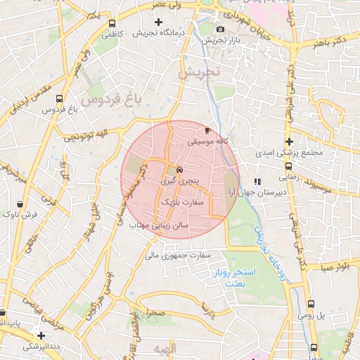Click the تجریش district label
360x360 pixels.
[199, 72]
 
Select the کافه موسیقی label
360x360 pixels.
[209, 141]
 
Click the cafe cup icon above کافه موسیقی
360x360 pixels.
[207, 130]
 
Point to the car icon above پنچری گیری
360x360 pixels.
[180, 169]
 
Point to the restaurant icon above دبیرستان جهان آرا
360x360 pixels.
[257, 181]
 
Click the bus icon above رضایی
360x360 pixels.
[289, 167]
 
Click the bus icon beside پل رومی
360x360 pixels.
[311, 304]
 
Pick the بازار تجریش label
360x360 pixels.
[219, 40]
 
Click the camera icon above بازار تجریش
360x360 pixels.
[221, 29]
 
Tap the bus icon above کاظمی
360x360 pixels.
[111, 22]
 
